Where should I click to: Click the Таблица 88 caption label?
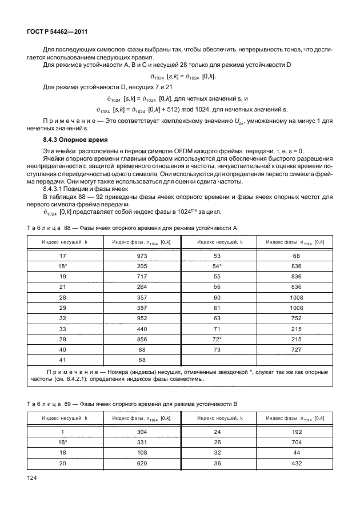pyautogui.click(x=47, y=228)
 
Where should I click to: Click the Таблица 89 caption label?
pyautogui.click(x=47, y=404)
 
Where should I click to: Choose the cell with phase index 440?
pyautogui.click(x=143, y=330)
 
